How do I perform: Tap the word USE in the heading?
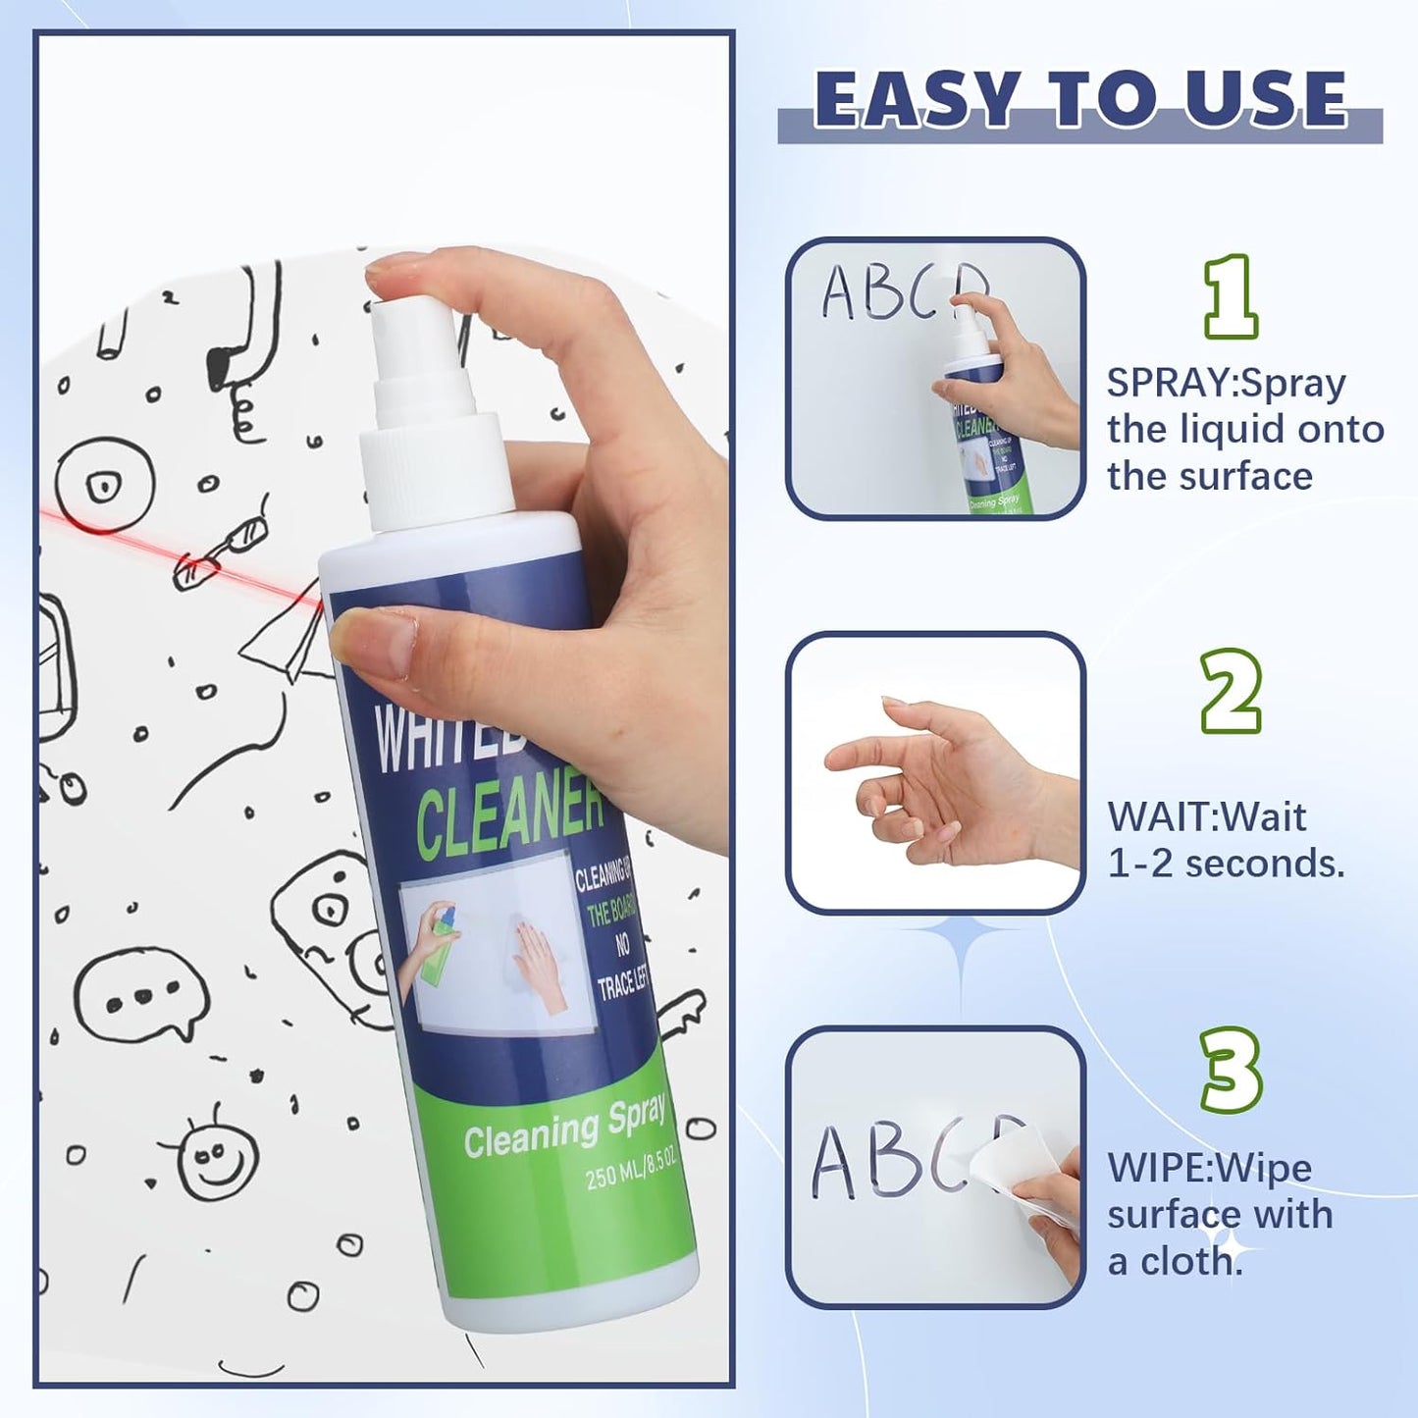point(1266,99)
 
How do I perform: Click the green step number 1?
point(1230,296)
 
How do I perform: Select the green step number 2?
point(1231,691)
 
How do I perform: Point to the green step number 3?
point(1231,1070)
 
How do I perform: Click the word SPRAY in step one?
point(1169,384)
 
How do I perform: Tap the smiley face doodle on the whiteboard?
point(218,1158)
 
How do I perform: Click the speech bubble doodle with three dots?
point(143,996)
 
